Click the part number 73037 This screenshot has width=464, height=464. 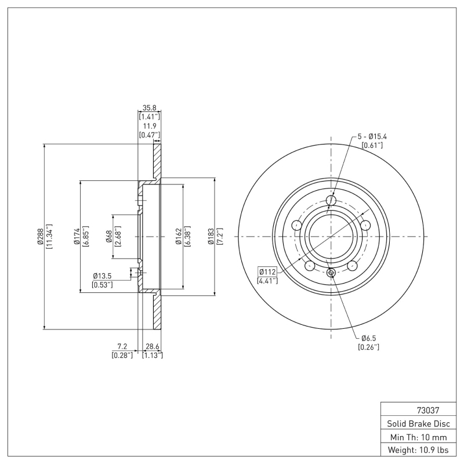coord(415,409)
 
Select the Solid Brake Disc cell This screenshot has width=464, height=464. coord(415,423)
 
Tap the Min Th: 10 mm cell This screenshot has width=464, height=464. coord(415,437)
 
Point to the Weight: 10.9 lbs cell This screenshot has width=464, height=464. coord(415,450)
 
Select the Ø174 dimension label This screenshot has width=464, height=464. coord(77,237)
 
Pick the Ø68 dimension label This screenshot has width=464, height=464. coord(109,237)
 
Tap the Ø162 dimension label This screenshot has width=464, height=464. coord(179,237)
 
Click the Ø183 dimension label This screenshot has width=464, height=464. coord(212,237)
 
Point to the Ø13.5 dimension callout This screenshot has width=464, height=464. coord(102,276)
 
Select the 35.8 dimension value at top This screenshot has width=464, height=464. coord(149,108)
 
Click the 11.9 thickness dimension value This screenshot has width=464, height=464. coord(149,126)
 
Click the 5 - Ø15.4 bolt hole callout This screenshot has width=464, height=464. coord(372,136)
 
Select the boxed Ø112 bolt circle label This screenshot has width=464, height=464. coord(267,271)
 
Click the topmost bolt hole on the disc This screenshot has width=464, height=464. coord(331,201)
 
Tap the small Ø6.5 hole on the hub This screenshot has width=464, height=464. coord(331,273)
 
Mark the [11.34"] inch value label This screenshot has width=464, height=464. coord(49,237)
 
